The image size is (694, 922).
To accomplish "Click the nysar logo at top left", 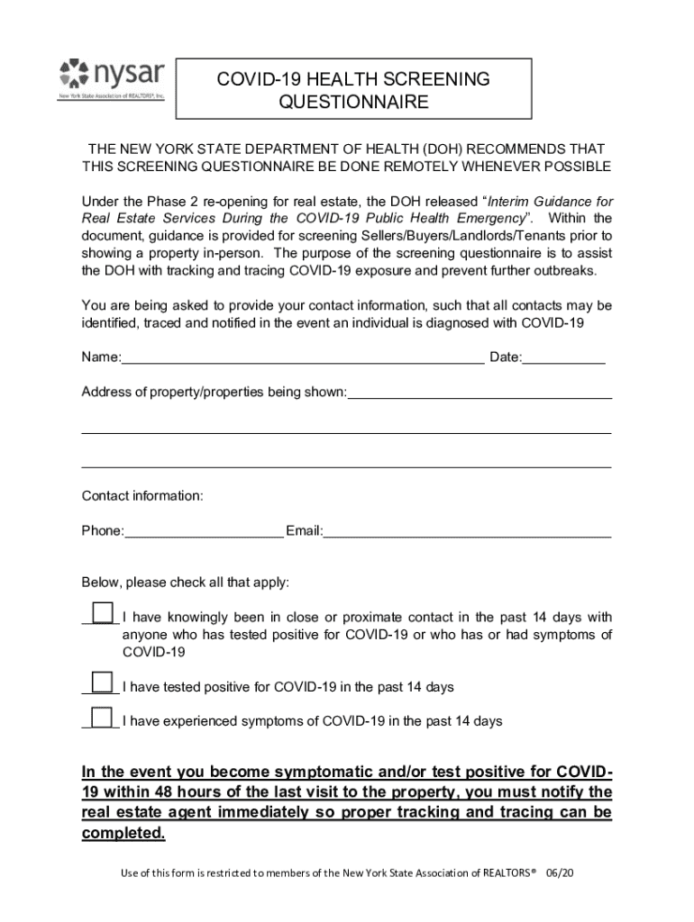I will pyautogui.click(x=111, y=78).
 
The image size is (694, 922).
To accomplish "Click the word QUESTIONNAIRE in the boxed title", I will pyautogui.click(x=353, y=103).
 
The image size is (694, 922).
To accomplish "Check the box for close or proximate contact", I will pyautogui.click(x=103, y=613).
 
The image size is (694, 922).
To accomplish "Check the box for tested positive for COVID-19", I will pyautogui.click(x=103, y=682).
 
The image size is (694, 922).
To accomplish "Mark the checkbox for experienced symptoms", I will pyautogui.click(x=103, y=718).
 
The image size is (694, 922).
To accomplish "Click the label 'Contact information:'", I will pyautogui.click(x=142, y=496).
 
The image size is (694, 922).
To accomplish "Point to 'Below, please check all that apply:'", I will pyautogui.click(x=186, y=583).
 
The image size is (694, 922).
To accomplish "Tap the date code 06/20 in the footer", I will pyautogui.click(x=559, y=874).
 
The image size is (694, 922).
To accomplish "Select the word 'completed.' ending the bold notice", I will pyautogui.click(x=123, y=833).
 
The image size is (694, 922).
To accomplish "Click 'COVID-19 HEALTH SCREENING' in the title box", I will pyautogui.click(x=353, y=79).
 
